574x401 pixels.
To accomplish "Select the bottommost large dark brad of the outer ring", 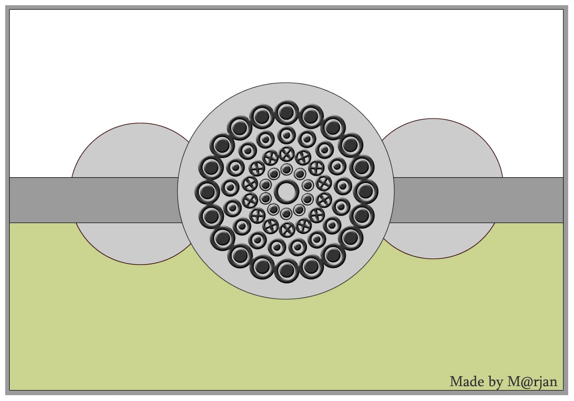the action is coord(286,270).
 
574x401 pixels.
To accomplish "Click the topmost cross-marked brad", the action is coord(286,154).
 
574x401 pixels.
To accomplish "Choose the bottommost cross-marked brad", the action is coord(286,229).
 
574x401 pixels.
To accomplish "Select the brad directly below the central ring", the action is coord(286,214).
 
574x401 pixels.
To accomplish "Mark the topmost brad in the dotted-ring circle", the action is coord(286,135).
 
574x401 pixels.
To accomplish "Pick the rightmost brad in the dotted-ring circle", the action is coord(343,186).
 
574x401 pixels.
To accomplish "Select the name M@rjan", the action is coord(532,382).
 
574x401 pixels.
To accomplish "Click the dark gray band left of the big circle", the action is coord(93,200).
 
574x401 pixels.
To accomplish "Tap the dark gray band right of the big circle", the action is coord(477,200).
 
